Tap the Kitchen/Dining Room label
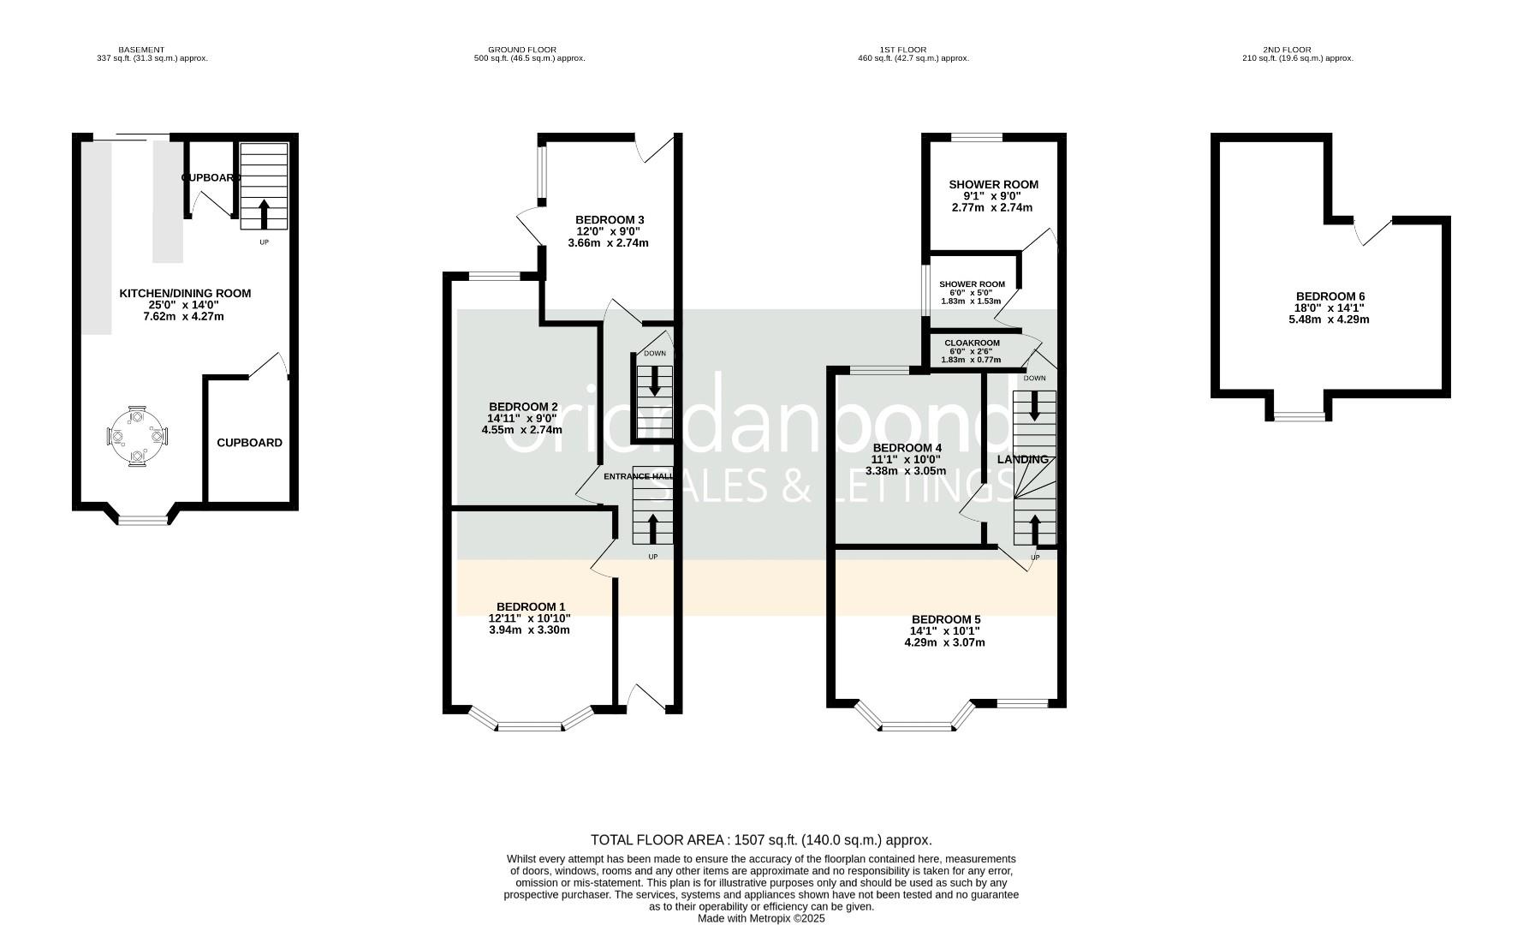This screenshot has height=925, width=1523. [185, 293]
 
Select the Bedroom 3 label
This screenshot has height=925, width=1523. [610, 220]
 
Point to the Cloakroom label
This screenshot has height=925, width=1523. [972, 343]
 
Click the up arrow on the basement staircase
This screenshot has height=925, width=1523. [263, 214]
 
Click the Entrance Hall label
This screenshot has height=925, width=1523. [638, 476]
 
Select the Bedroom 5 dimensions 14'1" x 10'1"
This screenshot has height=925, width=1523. [944, 631]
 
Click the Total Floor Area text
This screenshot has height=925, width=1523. [761, 840]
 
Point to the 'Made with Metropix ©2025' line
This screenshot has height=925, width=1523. [761, 918]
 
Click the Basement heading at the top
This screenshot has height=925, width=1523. [141, 50]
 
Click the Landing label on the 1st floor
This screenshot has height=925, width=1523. [1023, 459]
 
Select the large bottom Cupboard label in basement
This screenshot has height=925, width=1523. [249, 443]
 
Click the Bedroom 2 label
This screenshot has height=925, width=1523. [523, 406]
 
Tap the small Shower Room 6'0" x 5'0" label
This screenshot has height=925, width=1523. [972, 284]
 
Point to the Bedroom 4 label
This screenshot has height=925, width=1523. [907, 448]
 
